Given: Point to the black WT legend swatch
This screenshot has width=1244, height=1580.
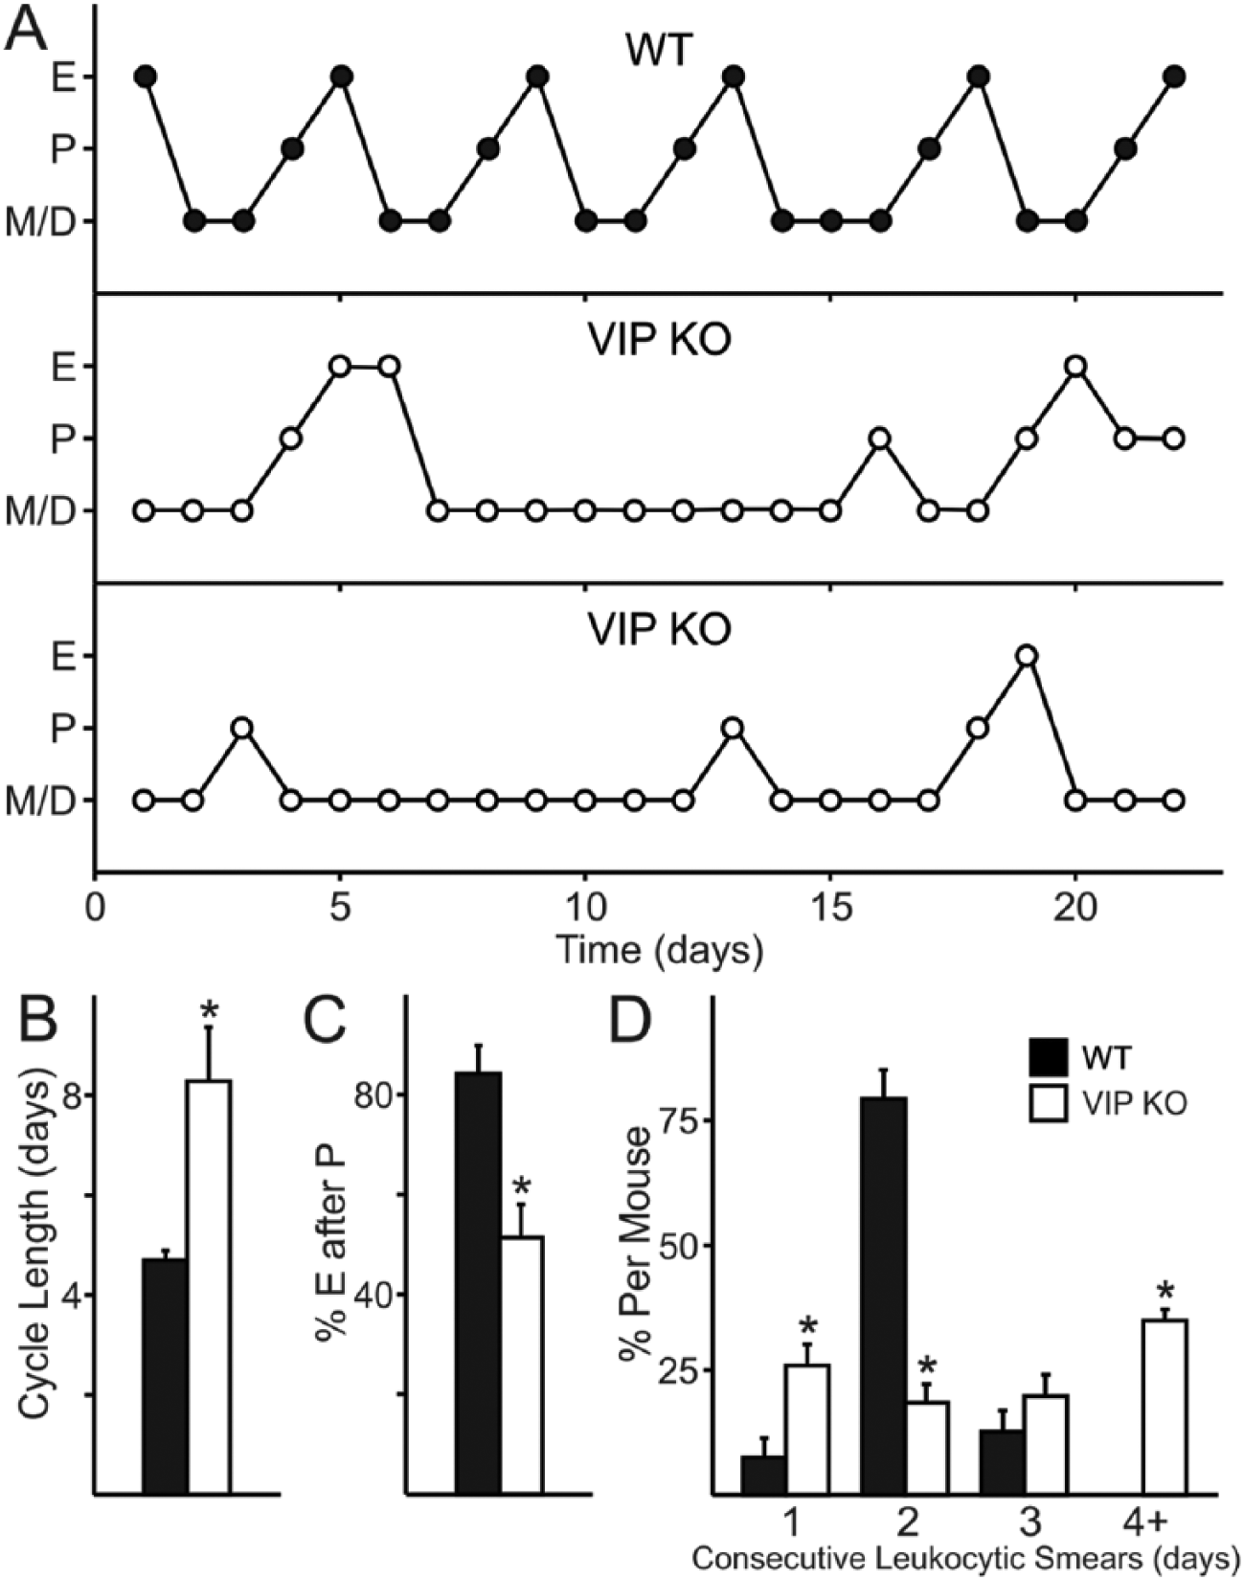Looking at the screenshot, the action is tap(1052, 1058).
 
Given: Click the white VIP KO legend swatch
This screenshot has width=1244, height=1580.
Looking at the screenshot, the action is tap(1052, 1103).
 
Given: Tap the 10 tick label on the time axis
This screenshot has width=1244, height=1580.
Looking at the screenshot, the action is tap(584, 906).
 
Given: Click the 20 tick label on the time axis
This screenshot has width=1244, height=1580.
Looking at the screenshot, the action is tap(1076, 906).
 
